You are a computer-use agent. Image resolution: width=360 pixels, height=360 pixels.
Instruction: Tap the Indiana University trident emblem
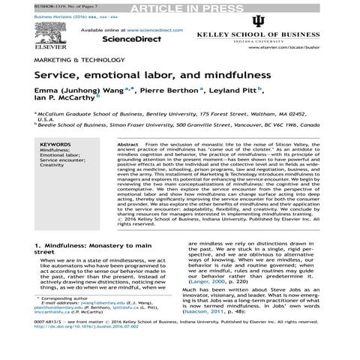256,21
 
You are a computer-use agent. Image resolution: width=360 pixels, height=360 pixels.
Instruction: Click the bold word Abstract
128,121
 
